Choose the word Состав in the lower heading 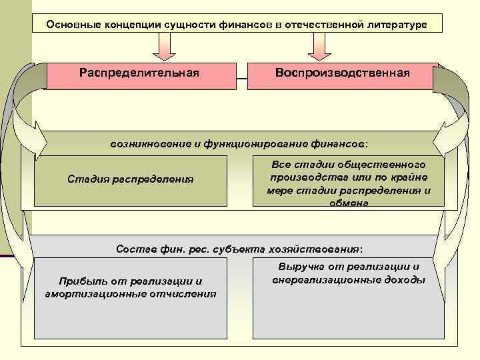[131, 249]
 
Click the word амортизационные [87, 293]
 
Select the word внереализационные [325, 280]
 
